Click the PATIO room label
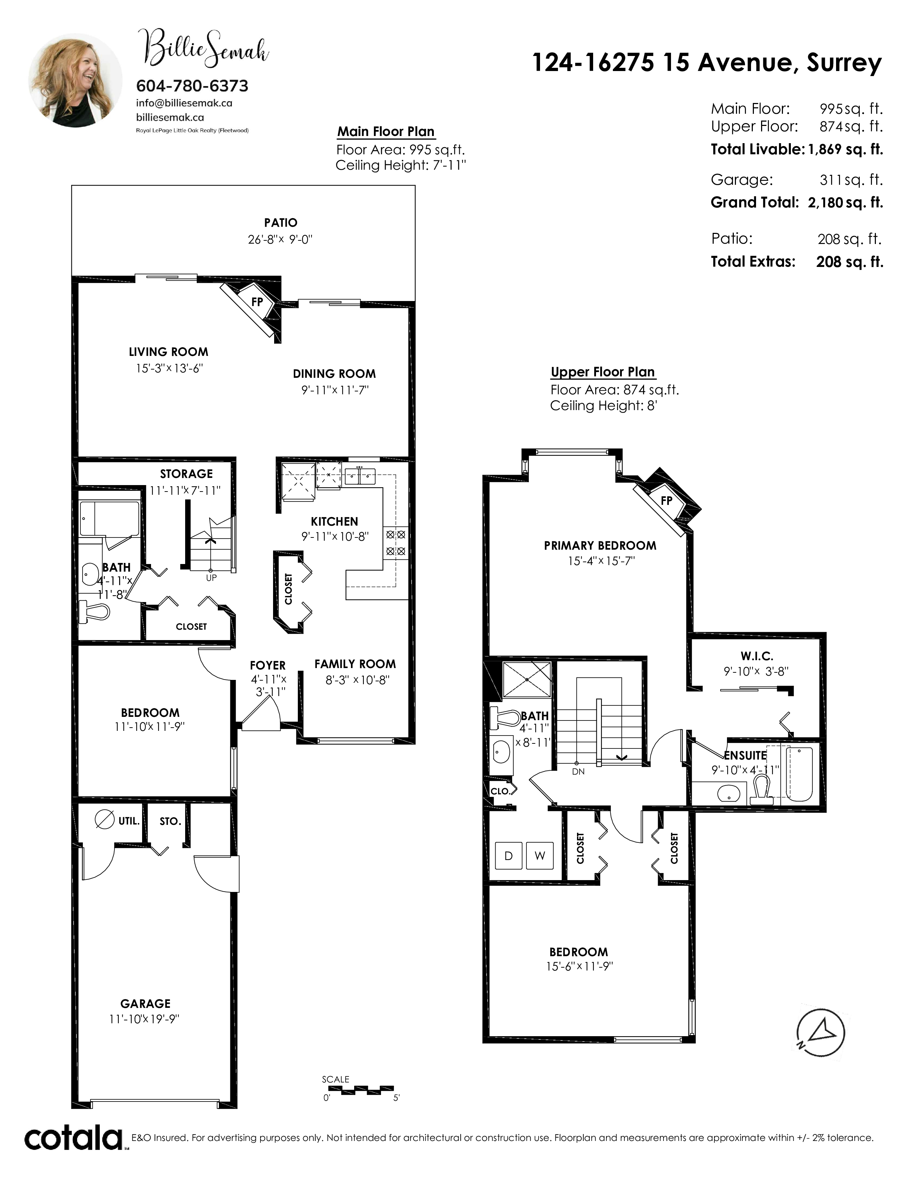[x=281, y=223]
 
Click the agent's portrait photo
[x=75, y=80]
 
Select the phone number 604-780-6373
[x=192, y=86]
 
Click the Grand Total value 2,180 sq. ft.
[x=845, y=203]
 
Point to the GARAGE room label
[x=145, y=1004]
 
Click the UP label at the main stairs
[x=211, y=578]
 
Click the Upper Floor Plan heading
[x=603, y=372]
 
